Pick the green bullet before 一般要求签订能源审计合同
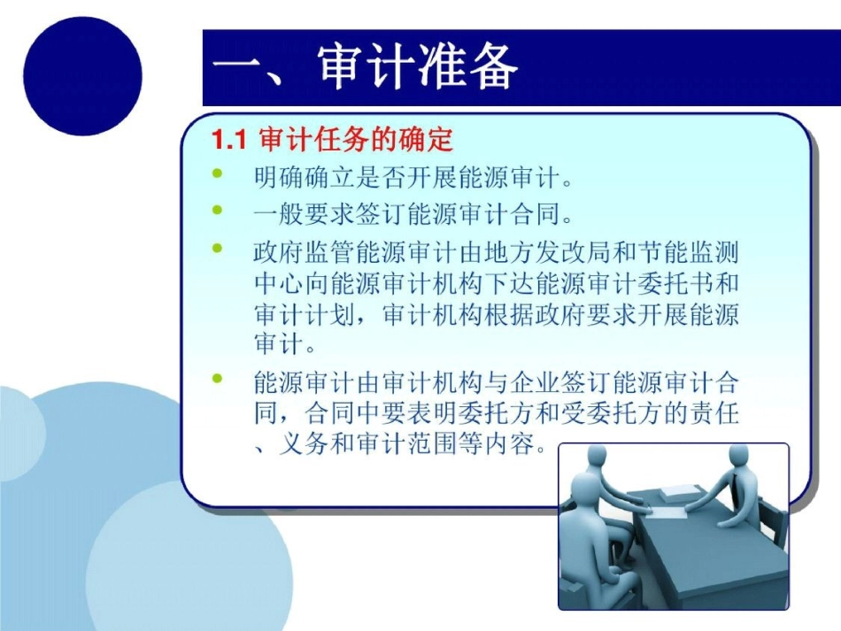click(218, 212)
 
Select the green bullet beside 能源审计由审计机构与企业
click(218, 381)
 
